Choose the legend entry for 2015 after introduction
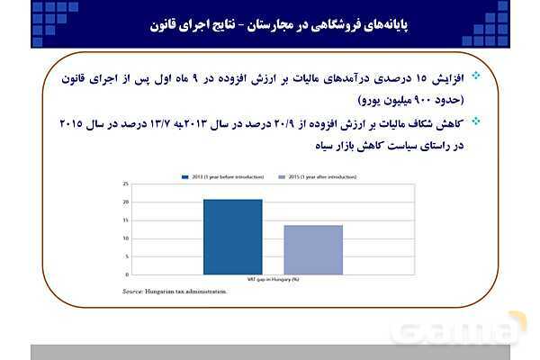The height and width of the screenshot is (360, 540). pyautogui.click(x=296, y=177)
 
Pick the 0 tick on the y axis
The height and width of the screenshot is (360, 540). pyautogui.click(x=129, y=274)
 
